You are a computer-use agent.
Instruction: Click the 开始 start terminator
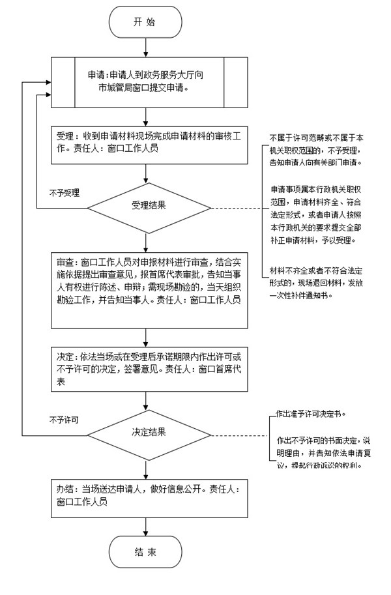pyautogui.click(x=144, y=22)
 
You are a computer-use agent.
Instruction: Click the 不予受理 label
pyautogui.click(x=64, y=194)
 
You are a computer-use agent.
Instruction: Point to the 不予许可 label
pyautogui.click(x=64, y=420)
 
